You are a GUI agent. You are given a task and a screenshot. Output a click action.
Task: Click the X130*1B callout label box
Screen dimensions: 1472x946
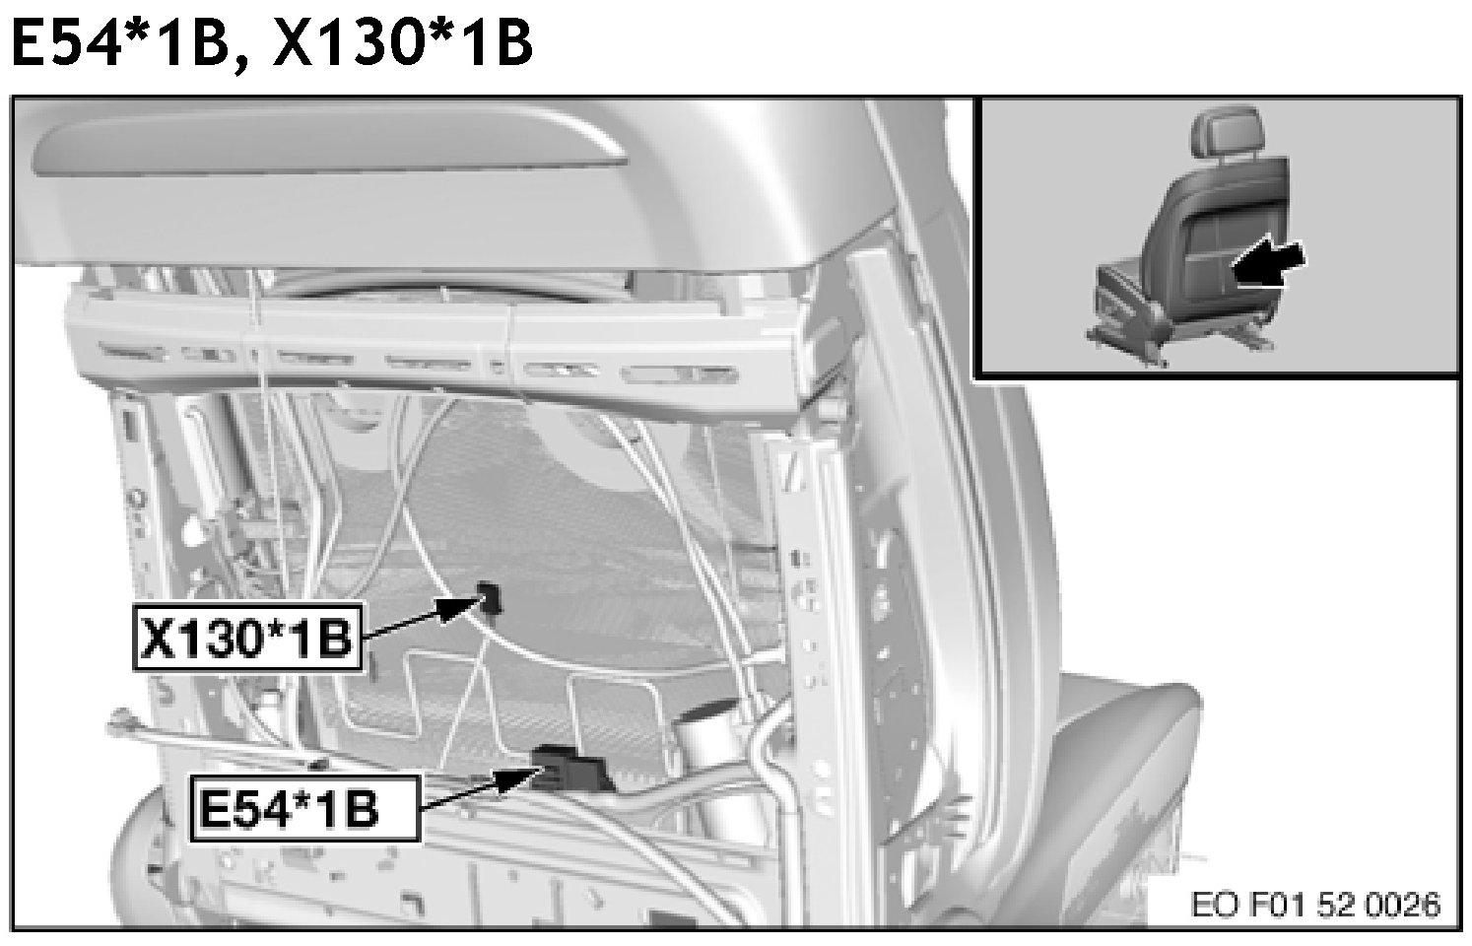pyautogui.click(x=247, y=637)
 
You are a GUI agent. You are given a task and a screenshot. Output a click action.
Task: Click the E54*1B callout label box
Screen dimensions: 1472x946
pyautogui.click(x=304, y=808)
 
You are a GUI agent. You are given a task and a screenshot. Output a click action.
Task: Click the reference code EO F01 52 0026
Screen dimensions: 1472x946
pyautogui.click(x=1316, y=905)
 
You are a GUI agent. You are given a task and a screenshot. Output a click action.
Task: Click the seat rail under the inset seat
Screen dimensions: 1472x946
pyautogui.click(x=1183, y=342)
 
